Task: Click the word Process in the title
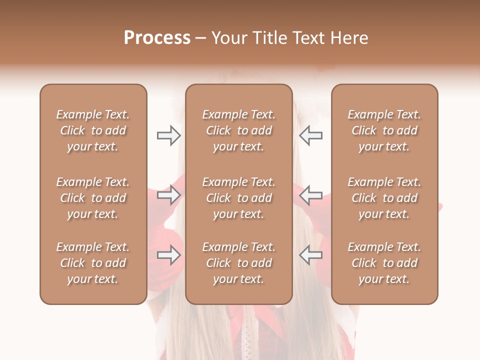pyautogui.click(x=157, y=38)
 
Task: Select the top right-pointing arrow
pyautogui.click(x=168, y=135)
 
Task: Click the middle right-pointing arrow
pyautogui.click(x=168, y=195)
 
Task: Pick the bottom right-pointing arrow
pyautogui.click(x=168, y=255)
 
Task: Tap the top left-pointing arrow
pyautogui.click(x=310, y=135)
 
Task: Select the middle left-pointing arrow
pyautogui.click(x=310, y=195)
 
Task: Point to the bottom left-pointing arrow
pyautogui.click(x=310, y=255)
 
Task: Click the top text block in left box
pyautogui.click(x=93, y=130)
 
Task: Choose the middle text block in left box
pyautogui.click(x=93, y=198)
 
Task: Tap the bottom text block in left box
pyautogui.click(x=93, y=263)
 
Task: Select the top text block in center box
pyautogui.click(x=238, y=130)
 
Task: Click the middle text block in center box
pyautogui.click(x=238, y=198)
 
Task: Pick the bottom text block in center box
pyautogui.click(x=238, y=263)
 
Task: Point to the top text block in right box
pyautogui.click(x=384, y=130)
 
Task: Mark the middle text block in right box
pyautogui.click(x=384, y=198)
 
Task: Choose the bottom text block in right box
pyautogui.click(x=384, y=263)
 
